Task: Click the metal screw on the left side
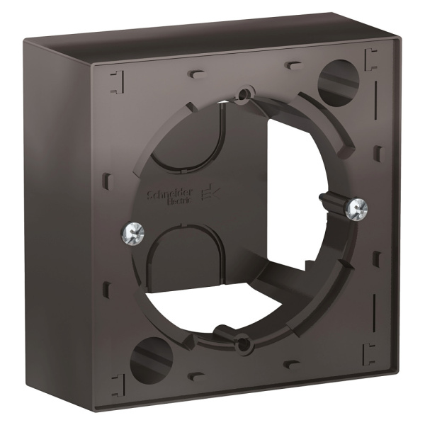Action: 131,231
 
